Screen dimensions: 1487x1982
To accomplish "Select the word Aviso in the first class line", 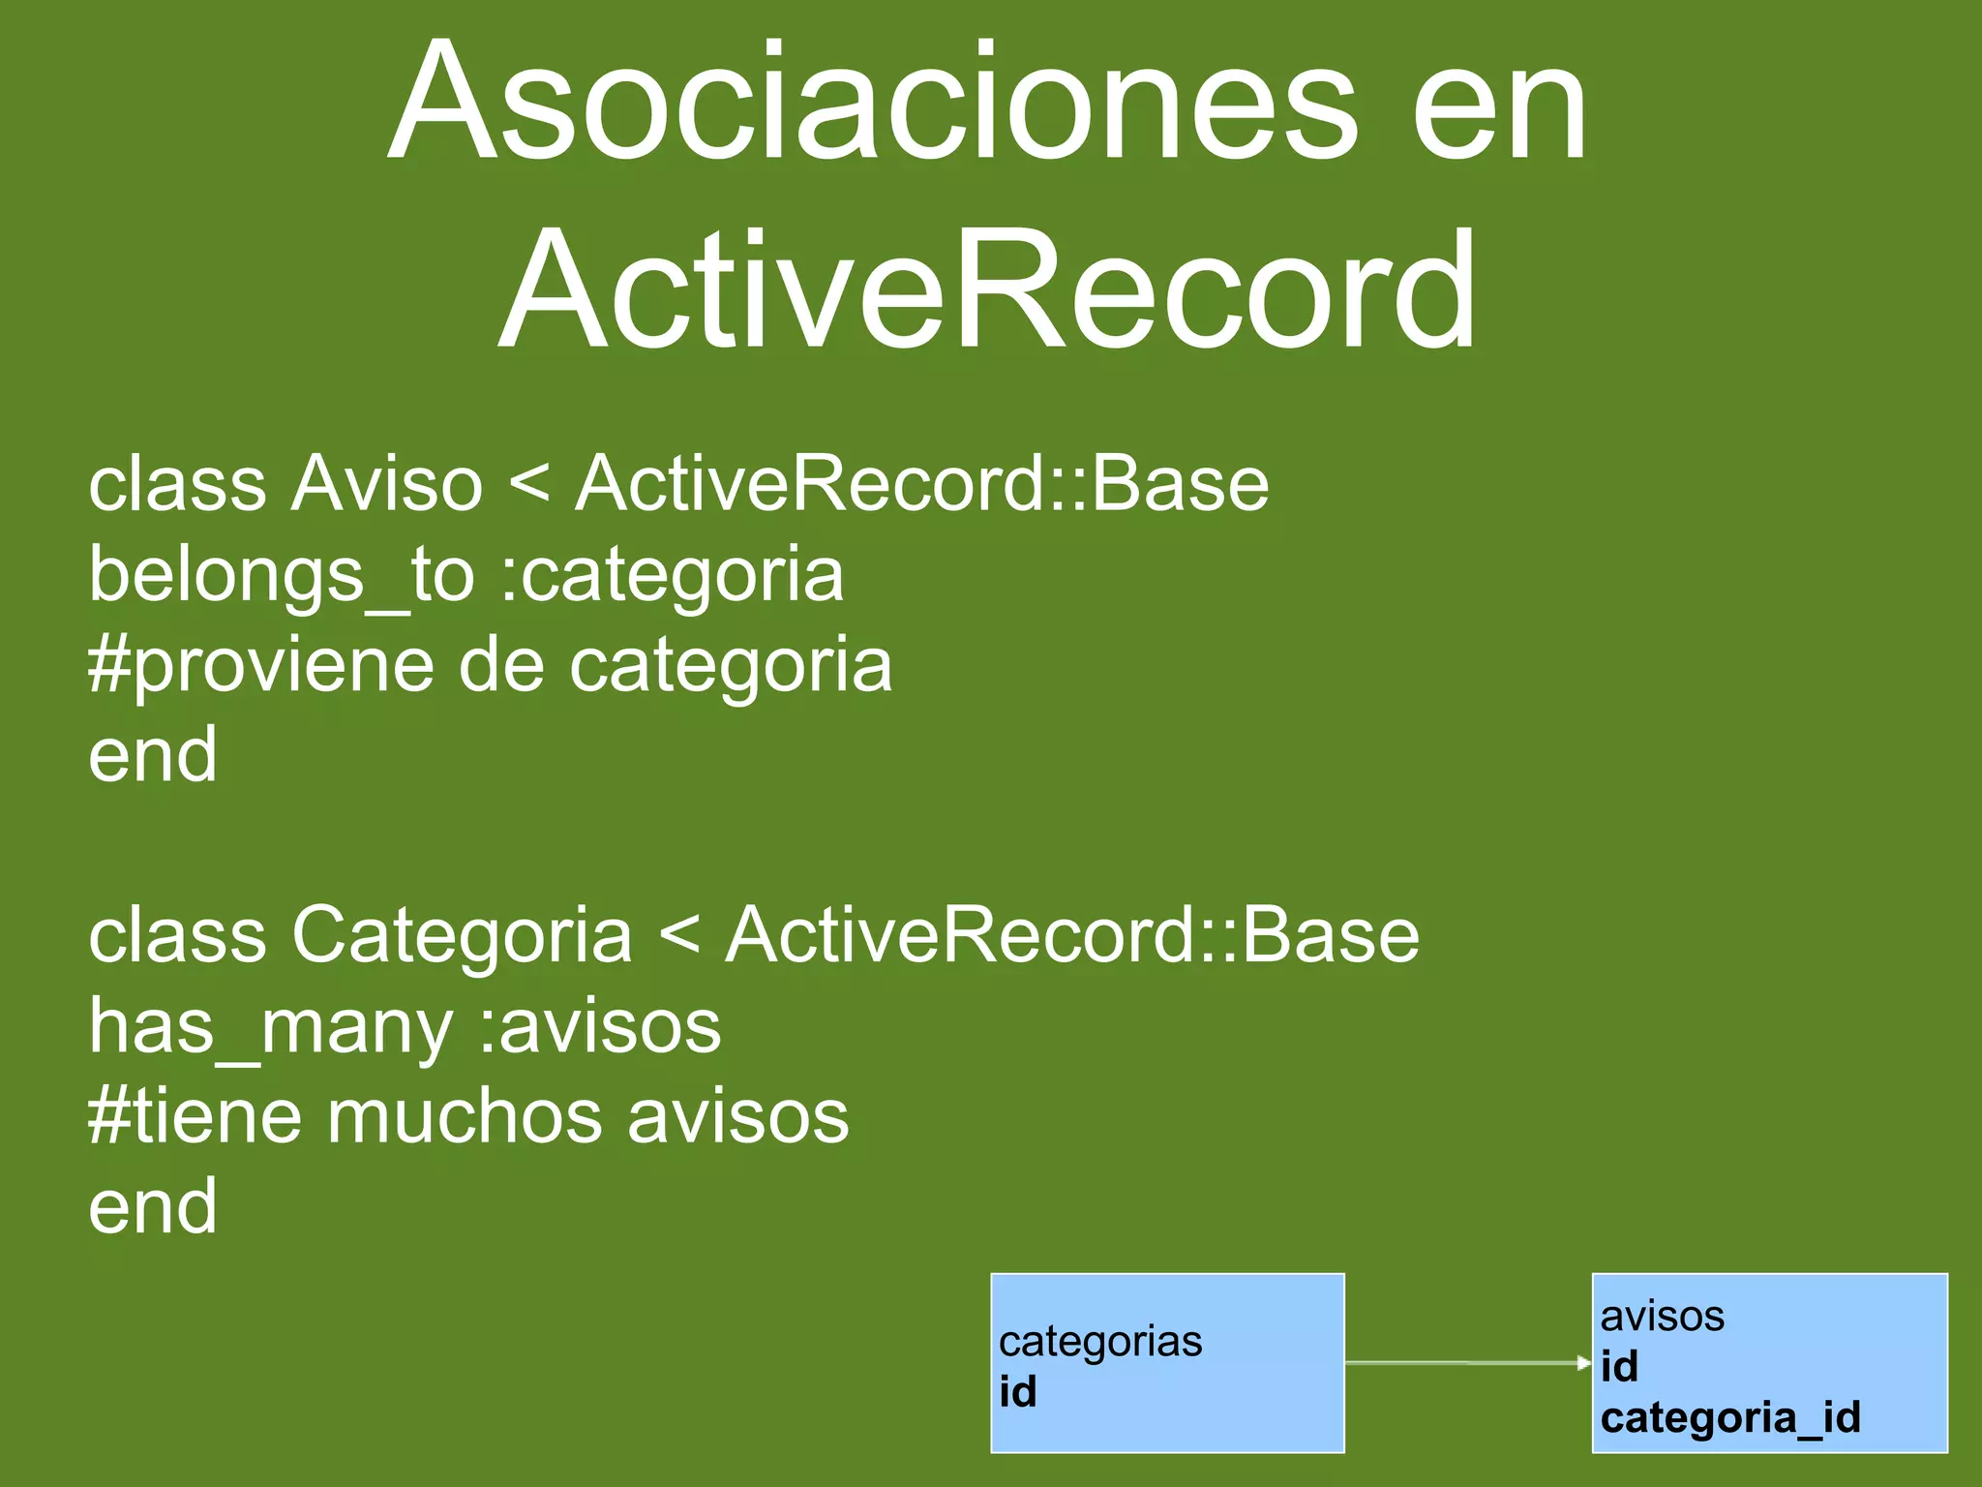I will [x=386, y=484].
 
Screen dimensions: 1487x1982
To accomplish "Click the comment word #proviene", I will [x=260, y=666].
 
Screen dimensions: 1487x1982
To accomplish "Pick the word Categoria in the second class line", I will [x=462, y=935].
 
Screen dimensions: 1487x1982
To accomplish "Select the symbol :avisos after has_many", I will [x=600, y=1026].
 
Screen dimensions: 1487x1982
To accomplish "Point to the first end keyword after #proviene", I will [x=153, y=755].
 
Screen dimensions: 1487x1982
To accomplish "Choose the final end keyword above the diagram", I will [x=153, y=1206].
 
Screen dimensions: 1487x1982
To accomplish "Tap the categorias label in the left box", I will [x=1100, y=1342].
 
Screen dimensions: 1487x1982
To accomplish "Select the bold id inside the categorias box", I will [x=1018, y=1392].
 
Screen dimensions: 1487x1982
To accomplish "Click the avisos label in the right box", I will [x=1663, y=1317].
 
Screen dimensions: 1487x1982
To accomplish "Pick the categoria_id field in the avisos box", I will [x=1730, y=1418].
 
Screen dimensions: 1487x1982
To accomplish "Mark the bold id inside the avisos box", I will [x=1619, y=1367].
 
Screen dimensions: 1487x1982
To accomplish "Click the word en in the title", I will [x=1499, y=102].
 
